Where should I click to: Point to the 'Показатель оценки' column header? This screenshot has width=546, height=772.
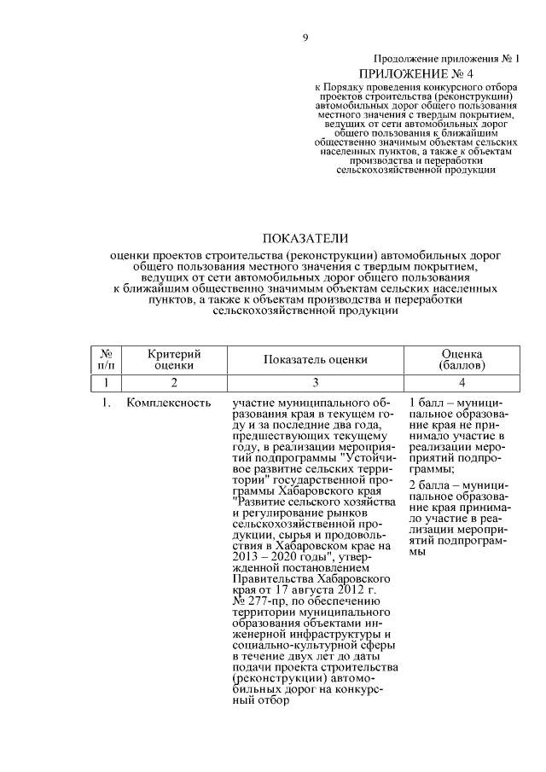pos(315,359)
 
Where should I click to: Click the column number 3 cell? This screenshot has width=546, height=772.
pos(315,382)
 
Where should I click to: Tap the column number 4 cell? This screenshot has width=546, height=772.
pos(461,382)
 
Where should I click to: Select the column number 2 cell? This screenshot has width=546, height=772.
pos(173,382)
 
